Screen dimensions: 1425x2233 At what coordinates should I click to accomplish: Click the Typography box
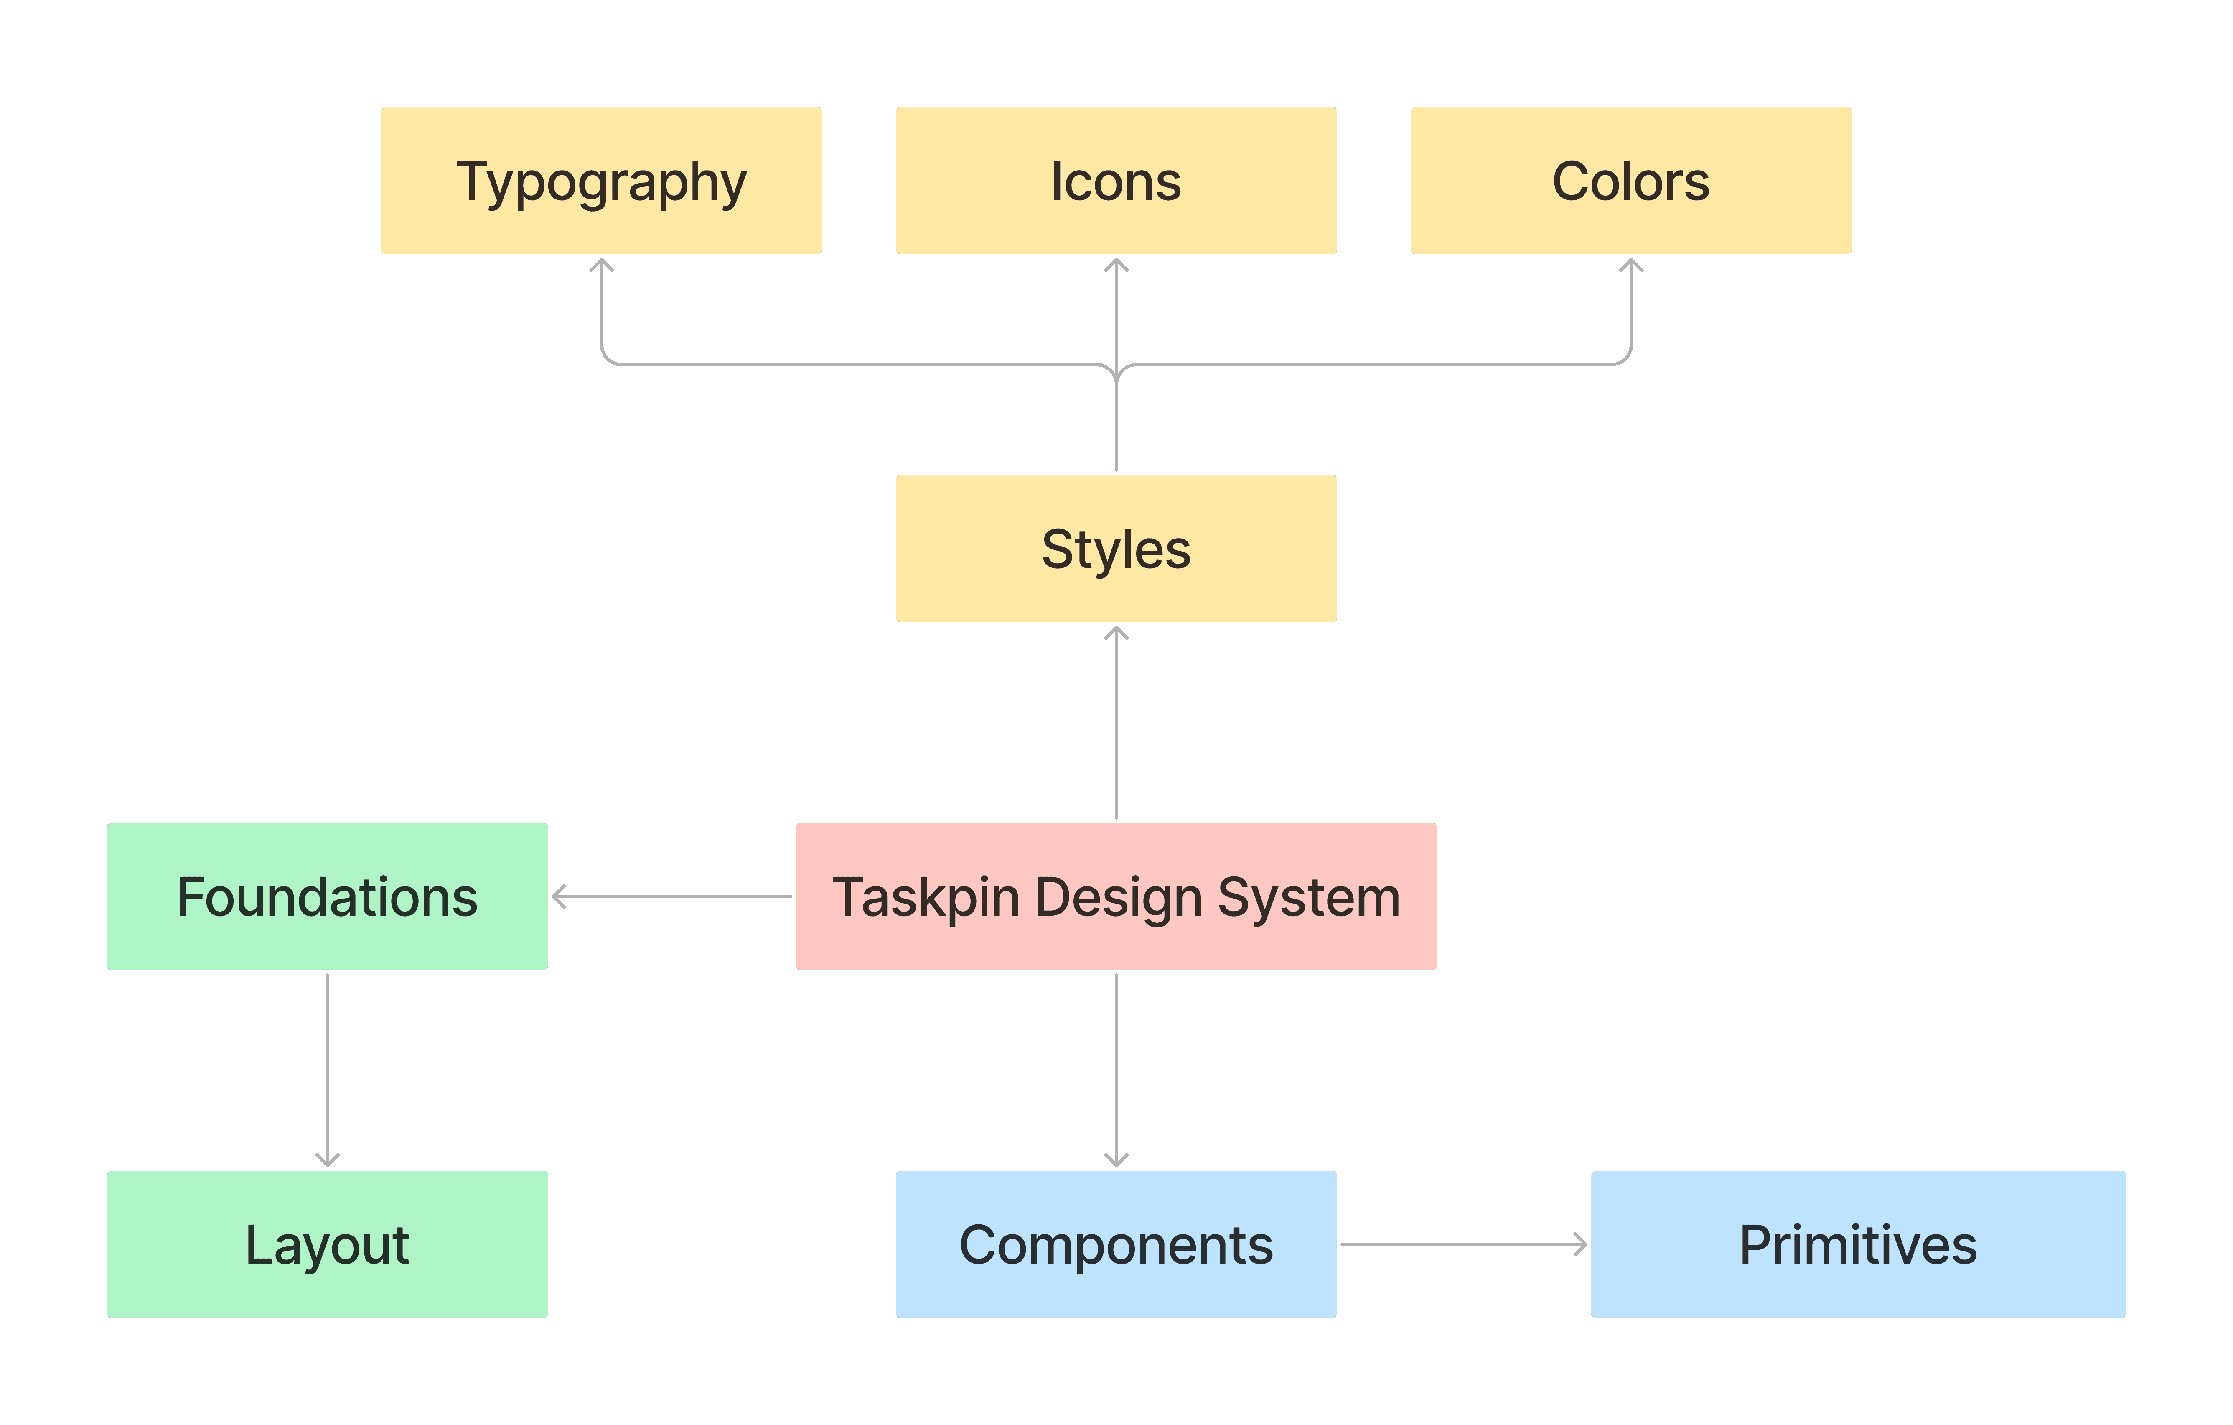601,181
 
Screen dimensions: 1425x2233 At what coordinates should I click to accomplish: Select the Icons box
1116,181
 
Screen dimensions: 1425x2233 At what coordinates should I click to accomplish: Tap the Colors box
1630,181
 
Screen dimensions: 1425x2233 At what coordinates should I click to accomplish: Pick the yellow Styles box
1116,548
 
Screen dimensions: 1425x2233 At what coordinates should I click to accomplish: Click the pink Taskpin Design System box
1116,896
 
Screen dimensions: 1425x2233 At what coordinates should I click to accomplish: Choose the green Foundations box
327,896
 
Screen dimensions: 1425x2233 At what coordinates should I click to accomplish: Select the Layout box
327,1244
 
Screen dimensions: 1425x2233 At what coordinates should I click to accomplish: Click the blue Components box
1116,1244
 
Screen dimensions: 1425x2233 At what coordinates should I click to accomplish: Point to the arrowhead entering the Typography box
602,266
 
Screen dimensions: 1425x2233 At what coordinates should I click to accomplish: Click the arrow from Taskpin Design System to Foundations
672,896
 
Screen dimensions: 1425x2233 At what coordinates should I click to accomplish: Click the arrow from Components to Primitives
1463,1244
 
